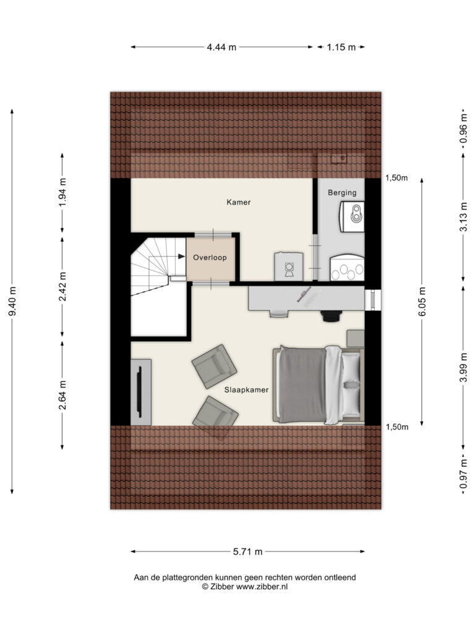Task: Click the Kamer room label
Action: pos(238,202)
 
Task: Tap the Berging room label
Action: pos(342,193)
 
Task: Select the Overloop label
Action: pos(210,258)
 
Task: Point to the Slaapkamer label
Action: pos(246,389)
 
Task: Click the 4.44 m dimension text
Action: pos(221,47)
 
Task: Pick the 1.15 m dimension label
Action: pos(341,47)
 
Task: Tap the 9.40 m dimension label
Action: pos(12,301)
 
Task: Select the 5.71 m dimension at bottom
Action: pos(247,551)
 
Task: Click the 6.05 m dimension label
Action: pos(422,302)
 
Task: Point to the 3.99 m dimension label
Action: pos(464,367)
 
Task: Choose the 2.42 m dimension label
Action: pos(62,286)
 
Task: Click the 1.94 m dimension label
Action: pos(62,192)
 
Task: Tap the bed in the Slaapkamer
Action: pos(319,384)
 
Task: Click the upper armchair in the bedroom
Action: pos(213,366)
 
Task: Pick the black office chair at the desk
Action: pos(332,316)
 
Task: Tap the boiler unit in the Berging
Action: pos(352,216)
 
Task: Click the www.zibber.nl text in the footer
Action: pos(262,587)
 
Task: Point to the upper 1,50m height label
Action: pos(396,177)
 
